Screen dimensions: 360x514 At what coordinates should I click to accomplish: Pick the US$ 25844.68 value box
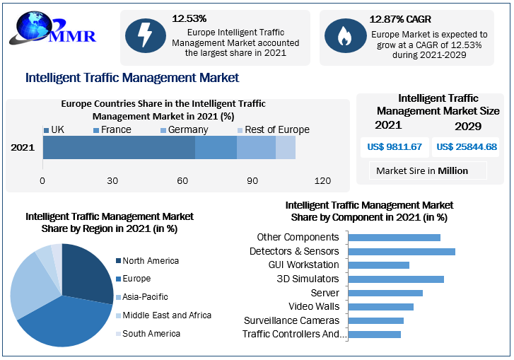pos(467,147)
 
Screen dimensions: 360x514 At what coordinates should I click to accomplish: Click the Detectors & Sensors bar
pos(402,251)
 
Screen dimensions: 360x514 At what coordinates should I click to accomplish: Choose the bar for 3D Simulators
pos(397,279)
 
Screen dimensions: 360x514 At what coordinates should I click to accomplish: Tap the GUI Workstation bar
pos(380,265)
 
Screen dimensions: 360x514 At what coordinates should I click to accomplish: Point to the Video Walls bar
pos(382,306)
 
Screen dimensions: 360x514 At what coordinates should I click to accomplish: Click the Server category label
pos(325,293)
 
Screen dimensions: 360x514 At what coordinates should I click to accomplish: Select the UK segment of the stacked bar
pos(119,148)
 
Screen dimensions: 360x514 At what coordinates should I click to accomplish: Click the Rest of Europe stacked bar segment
pos(286,148)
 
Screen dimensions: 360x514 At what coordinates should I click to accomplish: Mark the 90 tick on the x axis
pos(252,181)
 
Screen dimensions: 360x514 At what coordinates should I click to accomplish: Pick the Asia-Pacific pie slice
pos(27,286)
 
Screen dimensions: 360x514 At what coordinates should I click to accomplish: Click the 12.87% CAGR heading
pos(400,19)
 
